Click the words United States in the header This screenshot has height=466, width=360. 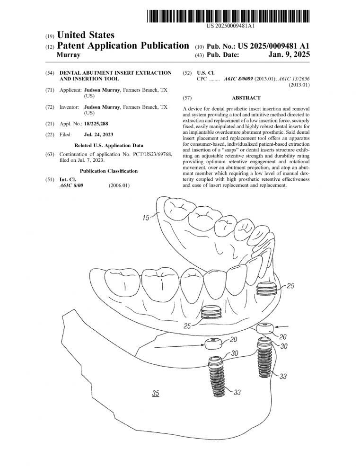(85, 35)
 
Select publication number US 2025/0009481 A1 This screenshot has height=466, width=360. (267, 46)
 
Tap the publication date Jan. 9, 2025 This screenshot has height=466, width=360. (288, 55)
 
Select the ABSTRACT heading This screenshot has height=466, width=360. (246, 98)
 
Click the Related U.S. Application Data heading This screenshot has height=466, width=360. (109, 145)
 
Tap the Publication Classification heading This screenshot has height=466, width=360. (109, 171)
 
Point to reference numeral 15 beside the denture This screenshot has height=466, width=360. (145, 218)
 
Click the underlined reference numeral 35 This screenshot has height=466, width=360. (156, 393)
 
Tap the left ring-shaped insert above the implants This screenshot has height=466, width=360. (211, 343)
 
